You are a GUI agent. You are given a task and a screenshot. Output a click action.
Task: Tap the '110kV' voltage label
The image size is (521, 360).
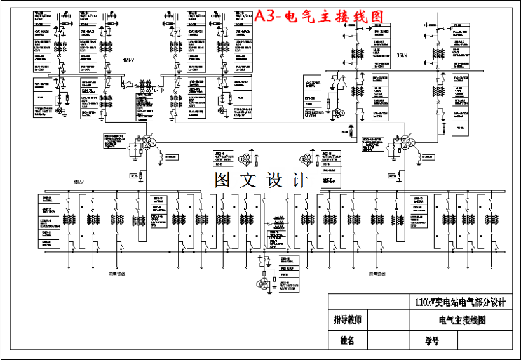point(128,61)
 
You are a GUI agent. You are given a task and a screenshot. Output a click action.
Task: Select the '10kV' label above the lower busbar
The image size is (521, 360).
point(78,182)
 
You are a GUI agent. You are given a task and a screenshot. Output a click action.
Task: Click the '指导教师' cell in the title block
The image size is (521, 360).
point(348,319)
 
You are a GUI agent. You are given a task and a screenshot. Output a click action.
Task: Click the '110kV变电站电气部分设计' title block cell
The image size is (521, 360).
point(459,302)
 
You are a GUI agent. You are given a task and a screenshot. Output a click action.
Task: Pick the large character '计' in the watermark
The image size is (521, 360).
point(299,180)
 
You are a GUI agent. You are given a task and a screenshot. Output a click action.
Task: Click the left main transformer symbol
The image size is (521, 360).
point(145,143)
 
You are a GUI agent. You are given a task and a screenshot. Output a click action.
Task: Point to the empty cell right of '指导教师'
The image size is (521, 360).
point(390,319)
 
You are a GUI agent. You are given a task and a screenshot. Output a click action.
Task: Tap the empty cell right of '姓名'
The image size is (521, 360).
point(390,340)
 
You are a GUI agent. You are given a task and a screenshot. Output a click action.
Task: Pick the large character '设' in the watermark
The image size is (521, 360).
point(274,180)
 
